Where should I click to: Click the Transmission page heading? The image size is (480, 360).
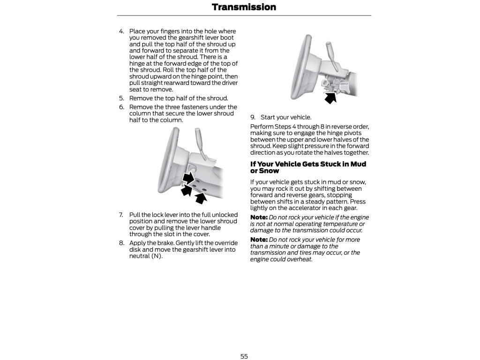pyautogui.click(x=244, y=7)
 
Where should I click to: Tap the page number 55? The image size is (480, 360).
pyautogui.click(x=244, y=356)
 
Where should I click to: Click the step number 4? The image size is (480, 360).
pyautogui.click(x=121, y=31)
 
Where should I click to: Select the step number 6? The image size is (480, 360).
pyautogui.click(x=121, y=107)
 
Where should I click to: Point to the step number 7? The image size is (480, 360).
pyautogui.click(x=121, y=215)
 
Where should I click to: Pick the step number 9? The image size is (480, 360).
pyautogui.click(x=252, y=117)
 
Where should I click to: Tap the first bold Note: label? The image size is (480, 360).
pyautogui.click(x=259, y=217)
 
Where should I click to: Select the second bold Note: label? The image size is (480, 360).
pyautogui.click(x=259, y=240)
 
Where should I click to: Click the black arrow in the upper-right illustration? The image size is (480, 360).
pyautogui.click(x=331, y=97)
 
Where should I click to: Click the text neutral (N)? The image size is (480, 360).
pyautogui.click(x=146, y=256)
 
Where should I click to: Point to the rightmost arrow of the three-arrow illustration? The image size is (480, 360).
pyautogui.click(x=201, y=197)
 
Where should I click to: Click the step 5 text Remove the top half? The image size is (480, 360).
pyautogui.click(x=178, y=98)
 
